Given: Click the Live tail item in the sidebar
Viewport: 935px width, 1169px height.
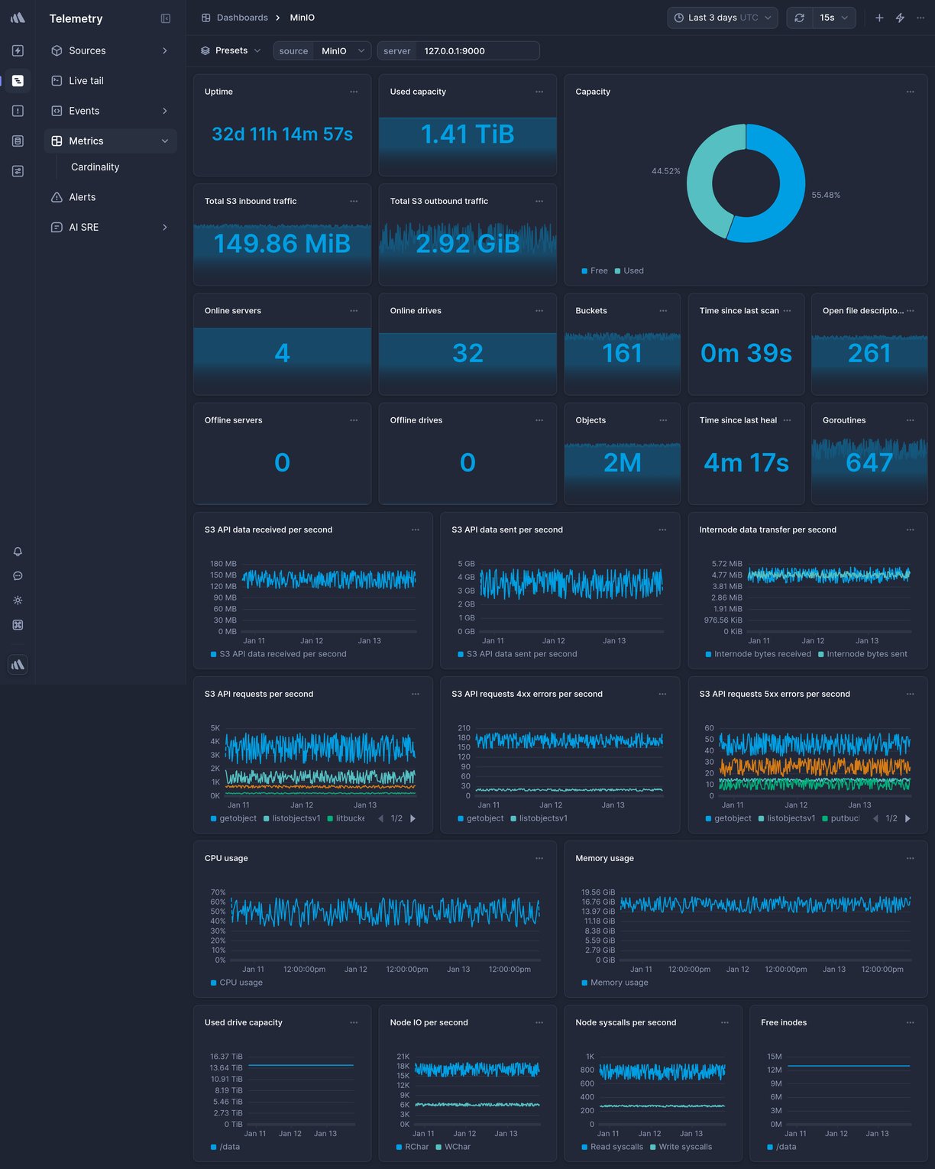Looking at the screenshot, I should (x=86, y=80).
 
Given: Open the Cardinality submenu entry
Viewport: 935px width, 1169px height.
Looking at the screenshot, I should (x=95, y=167).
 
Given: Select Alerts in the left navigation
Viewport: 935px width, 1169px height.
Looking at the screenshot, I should (x=82, y=197).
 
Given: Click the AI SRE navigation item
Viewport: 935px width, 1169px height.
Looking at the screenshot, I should (x=83, y=227).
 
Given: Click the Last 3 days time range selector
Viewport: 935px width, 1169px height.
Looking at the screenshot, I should (x=722, y=18).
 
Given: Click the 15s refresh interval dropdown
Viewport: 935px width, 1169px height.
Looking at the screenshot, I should (x=833, y=18).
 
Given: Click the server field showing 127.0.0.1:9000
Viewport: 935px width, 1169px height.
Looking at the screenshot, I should (x=458, y=51).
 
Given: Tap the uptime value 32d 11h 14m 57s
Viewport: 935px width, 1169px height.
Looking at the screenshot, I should (x=282, y=134).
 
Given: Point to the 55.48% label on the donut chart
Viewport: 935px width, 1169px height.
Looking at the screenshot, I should (x=825, y=195).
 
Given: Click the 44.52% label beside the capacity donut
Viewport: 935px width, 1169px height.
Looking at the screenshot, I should (x=665, y=171).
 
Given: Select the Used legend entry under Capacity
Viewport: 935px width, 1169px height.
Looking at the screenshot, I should (x=632, y=270).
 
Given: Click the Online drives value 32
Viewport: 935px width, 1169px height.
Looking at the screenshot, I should (x=467, y=353).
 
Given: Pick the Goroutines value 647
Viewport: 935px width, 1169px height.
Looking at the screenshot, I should (x=869, y=462).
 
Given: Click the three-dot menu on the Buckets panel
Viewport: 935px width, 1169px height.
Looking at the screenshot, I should (x=663, y=311).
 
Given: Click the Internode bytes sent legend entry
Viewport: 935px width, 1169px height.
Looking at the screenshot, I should (x=866, y=654).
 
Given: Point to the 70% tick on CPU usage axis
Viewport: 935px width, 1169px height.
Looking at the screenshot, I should (x=218, y=892).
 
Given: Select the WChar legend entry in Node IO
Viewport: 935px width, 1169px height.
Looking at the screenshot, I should (x=457, y=1147).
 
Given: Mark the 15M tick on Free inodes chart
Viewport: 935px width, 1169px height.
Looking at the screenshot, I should (x=774, y=1057).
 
